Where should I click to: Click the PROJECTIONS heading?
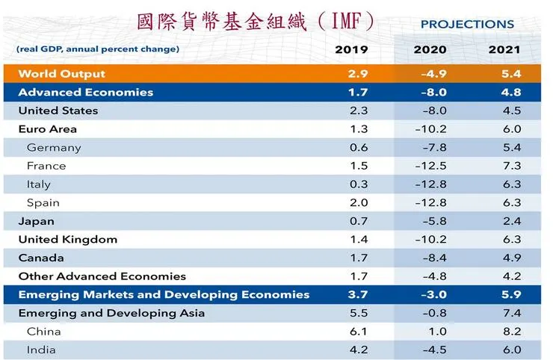pos(467,24)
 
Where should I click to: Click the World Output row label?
pos(61,74)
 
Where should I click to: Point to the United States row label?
pos(58,111)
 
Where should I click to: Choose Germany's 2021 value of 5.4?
pos(512,147)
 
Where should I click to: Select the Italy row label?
pos(40,184)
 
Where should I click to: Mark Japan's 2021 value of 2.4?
pos(512,221)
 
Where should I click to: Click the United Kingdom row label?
pos(67,240)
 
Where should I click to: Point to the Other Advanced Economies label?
pos(102,276)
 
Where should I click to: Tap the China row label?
pos(43,331)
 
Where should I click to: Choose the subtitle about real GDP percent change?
pos(97,49)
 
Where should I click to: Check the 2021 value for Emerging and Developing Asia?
pos(512,313)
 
